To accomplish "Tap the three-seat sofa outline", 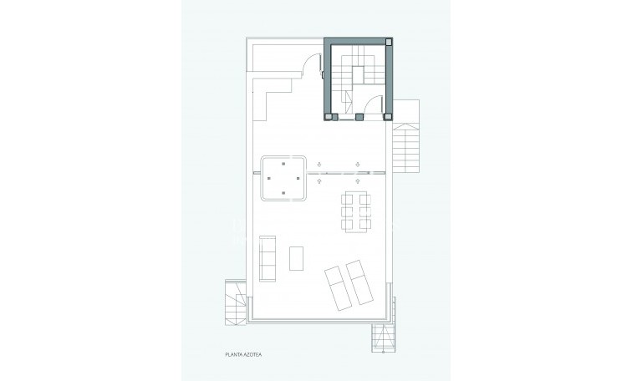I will pyautogui.click(x=268, y=258).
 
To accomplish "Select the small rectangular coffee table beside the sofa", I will pyautogui.click(x=297, y=259).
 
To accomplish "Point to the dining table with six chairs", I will pyautogui.click(x=357, y=210).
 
